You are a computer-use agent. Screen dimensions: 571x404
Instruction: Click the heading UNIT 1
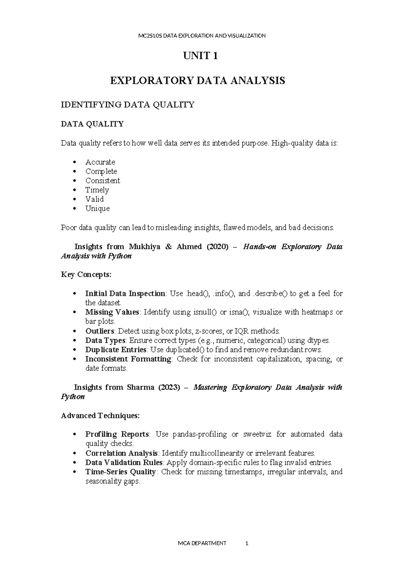tap(200, 56)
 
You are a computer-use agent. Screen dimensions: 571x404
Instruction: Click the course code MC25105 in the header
tap(150, 36)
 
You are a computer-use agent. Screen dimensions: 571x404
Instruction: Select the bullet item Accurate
tap(100, 162)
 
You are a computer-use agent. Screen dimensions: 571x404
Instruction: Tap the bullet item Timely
tap(97, 190)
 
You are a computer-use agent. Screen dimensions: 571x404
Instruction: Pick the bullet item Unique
tap(97, 208)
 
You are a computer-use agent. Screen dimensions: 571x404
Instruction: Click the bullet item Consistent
tap(102, 180)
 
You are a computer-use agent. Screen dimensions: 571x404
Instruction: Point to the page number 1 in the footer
tap(247, 543)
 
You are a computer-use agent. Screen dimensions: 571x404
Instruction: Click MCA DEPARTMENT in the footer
tap(202, 543)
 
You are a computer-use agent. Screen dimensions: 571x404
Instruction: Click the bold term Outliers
tap(100, 331)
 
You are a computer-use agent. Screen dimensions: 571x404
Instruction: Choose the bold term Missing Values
tap(112, 312)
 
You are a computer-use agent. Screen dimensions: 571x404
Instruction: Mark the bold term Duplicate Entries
tap(115, 349)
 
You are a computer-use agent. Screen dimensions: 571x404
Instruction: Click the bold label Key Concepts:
tap(86, 275)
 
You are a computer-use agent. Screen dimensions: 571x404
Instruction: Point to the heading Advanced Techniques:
tap(100, 415)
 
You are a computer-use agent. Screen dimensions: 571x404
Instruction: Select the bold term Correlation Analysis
tap(121, 453)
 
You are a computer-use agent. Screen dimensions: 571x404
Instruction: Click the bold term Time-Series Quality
tap(120, 472)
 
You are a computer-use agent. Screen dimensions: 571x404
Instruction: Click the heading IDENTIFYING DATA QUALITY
tap(127, 105)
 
